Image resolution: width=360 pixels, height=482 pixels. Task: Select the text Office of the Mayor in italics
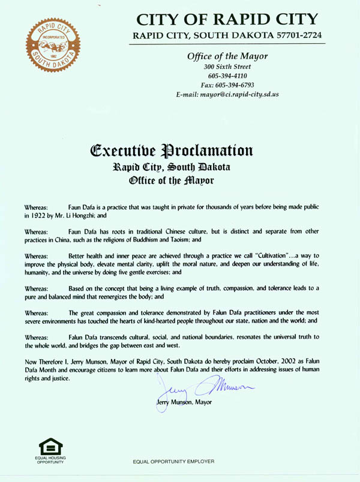pyautogui.click(x=227, y=56)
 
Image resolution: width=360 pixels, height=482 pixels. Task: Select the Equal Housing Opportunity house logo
pyautogui.click(x=50, y=448)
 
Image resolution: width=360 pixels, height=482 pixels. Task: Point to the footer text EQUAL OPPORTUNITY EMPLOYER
pyautogui.click(x=173, y=461)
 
